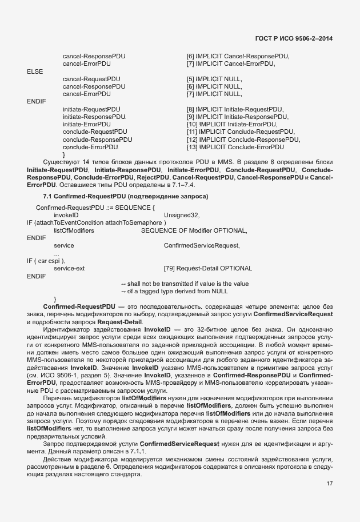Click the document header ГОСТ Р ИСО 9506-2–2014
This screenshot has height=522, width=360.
tap(294, 38)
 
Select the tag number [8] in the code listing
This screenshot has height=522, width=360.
tap(190, 109)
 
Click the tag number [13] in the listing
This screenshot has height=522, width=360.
tap(193, 147)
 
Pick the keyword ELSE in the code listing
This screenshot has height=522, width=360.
tap(35, 71)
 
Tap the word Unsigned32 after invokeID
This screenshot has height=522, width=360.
tap(182, 215)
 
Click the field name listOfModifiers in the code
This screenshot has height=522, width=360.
tap(74, 230)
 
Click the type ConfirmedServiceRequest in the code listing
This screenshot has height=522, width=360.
tap(202, 245)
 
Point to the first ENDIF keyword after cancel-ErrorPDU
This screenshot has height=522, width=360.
tap(36, 101)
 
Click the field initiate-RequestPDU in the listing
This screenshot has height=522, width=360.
tap(91, 109)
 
